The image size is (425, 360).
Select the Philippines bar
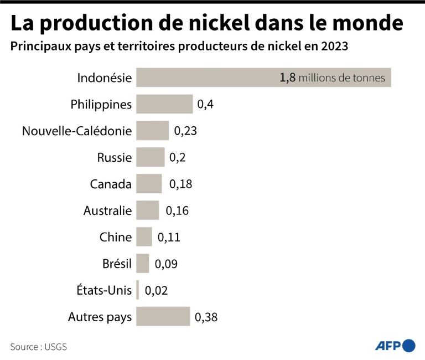[x=164, y=104]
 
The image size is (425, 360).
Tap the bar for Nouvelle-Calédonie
[x=152, y=131]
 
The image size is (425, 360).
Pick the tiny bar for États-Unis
[x=138, y=290]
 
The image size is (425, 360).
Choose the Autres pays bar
[x=163, y=317]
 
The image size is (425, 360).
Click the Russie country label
[x=115, y=157]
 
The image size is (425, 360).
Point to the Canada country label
[x=111, y=184]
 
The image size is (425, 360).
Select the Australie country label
[x=107, y=210]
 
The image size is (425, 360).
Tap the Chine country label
[x=116, y=237]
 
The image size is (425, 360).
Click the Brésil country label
[x=117, y=264]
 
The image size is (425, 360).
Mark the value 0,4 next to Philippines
[x=205, y=104]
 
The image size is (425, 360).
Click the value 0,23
[x=185, y=131]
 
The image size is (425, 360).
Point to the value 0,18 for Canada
[x=180, y=184]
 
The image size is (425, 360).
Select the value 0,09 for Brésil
[x=166, y=264]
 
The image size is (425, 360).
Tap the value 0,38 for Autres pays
[x=206, y=317]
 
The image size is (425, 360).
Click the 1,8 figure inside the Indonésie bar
[x=288, y=78]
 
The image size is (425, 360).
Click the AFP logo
[x=395, y=346]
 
